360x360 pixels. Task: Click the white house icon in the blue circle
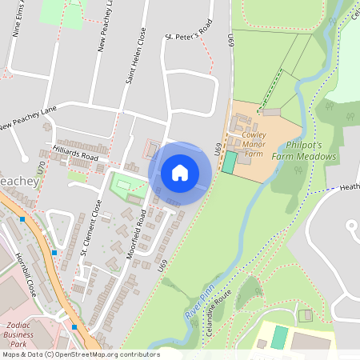(x=180, y=172)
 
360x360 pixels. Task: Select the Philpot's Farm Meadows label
(x=303, y=151)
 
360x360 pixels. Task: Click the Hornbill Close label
(x=26, y=274)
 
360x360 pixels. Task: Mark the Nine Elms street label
(x=19, y=19)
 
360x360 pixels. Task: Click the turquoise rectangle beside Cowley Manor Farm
(x=230, y=162)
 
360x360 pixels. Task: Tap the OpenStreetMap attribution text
(x=80, y=354)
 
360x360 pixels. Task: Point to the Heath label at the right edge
(x=350, y=187)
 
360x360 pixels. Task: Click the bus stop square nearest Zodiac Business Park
(x=74, y=326)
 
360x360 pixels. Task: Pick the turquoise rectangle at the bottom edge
(x=279, y=337)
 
